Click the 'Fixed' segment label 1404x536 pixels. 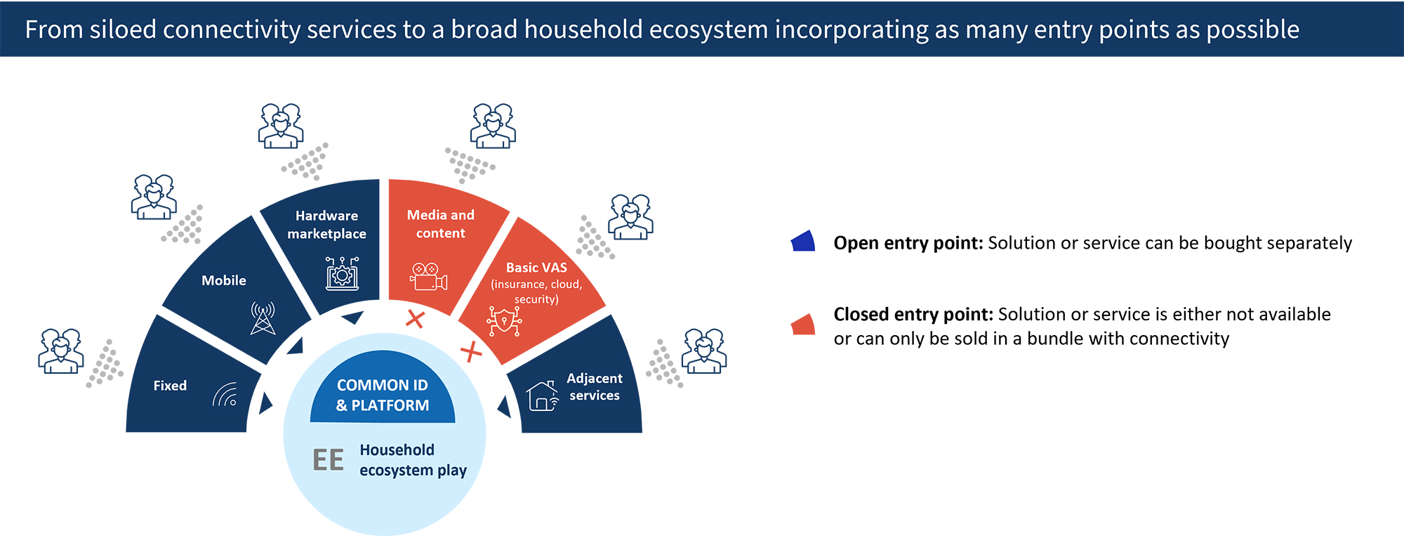(x=170, y=386)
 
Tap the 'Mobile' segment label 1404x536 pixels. (x=223, y=280)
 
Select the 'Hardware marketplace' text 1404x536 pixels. (x=326, y=225)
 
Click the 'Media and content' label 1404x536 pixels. (x=440, y=224)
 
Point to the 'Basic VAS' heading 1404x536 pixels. (x=536, y=268)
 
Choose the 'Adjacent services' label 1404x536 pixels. (x=594, y=387)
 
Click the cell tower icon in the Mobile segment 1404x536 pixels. (x=263, y=318)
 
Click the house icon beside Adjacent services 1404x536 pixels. (x=542, y=396)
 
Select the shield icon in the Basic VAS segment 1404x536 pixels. (x=504, y=321)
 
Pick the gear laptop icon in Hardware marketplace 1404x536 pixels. (x=342, y=273)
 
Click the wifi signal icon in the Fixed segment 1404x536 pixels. (x=225, y=396)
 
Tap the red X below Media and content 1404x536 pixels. (x=415, y=319)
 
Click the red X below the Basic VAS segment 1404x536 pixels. (x=470, y=351)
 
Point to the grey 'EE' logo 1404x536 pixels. (x=328, y=461)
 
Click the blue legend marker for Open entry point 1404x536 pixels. (x=802, y=242)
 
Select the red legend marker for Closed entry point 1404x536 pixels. (x=802, y=325)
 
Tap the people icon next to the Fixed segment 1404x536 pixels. (x=60, y=351)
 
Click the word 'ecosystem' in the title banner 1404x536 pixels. (x=708, y=30)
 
